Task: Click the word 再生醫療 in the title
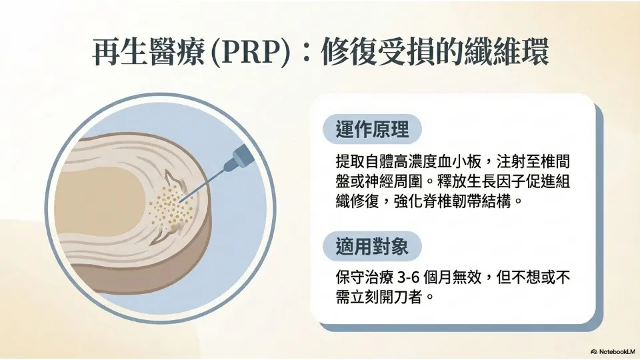click(x=149, y=52)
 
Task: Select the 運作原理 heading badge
click(x=372, y=129)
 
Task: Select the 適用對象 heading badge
click(x=372, y=247)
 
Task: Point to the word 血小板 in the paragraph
click(x=459, y=162)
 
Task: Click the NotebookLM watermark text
click(x=617, y=352)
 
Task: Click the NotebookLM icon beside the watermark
click(x=594, y=352)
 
